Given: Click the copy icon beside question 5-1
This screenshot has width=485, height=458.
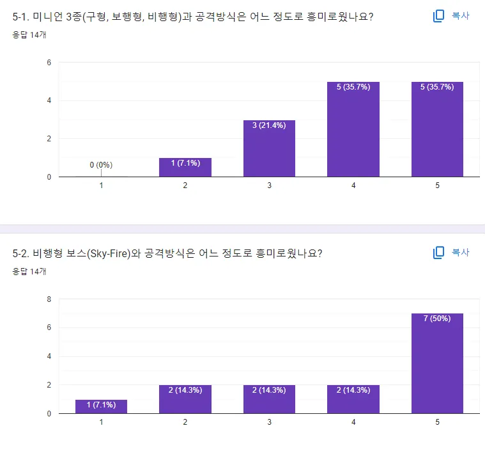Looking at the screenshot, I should [438, 16].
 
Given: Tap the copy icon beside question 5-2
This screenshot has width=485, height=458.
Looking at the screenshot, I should [438, 253].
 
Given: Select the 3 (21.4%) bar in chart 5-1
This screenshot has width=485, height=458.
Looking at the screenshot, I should [269, 148].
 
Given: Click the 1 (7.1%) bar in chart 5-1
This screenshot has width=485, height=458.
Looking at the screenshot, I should [185, 168].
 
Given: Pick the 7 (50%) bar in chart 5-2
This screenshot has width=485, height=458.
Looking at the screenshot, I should [437, 363].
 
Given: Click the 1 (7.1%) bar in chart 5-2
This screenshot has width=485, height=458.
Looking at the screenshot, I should [101, 407].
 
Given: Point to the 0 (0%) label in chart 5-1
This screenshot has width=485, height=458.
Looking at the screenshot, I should [101, 165].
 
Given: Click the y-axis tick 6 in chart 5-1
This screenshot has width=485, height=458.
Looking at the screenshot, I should [49, 63].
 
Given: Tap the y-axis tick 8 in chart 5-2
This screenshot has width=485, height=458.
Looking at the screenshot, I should [49, 299].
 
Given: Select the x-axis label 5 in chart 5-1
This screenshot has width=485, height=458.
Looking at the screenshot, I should [437, 186].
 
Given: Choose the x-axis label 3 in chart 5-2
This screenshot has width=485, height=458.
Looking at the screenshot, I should [269, 423].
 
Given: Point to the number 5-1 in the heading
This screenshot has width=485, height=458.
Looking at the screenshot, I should [20, 17].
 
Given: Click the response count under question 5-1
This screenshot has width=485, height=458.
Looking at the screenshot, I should [25, 35].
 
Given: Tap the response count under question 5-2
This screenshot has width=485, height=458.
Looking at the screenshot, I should [25, 271].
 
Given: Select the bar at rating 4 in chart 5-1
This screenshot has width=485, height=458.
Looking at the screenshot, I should [353, 129].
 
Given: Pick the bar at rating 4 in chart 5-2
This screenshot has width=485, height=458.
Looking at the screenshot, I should [353, 399].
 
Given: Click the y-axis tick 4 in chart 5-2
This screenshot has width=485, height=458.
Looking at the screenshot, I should [49, 356].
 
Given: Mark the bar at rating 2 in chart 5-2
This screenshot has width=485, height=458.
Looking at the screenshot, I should [185, 399].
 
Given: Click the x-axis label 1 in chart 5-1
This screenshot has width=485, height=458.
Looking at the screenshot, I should [101, 186].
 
